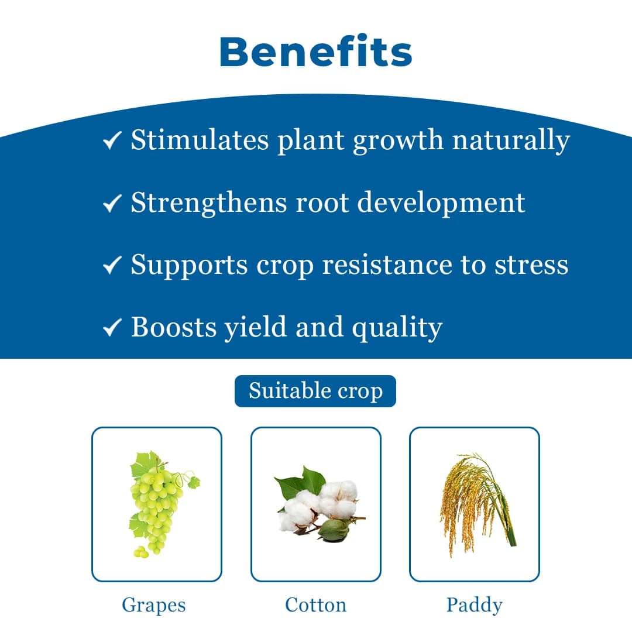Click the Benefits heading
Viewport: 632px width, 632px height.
click(316, 51)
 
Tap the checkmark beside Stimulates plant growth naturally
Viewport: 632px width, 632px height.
click(112, 140)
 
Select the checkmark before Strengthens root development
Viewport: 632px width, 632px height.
click(112, 203)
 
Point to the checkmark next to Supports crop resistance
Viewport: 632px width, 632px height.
click(112, 265)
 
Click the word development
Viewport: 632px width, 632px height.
click(441, 202)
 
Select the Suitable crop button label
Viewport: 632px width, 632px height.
click(315, 391)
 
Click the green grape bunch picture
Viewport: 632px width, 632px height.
click(157, 503)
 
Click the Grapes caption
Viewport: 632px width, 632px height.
click(154, 604)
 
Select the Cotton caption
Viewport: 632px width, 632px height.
click(316, 604)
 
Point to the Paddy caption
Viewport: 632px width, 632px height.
click(474, 604)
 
